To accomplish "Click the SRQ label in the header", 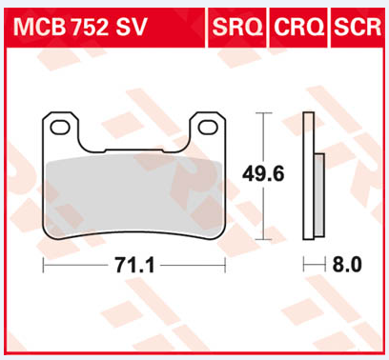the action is pos(237,27).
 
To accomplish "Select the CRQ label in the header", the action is pos(298,27).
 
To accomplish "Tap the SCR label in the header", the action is pos(358,27).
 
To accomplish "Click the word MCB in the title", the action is pos(39,27).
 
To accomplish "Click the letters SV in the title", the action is pos(131,27).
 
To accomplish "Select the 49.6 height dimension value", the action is pos(263,174).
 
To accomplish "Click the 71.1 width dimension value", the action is pos(134,265).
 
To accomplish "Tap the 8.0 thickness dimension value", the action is pos(347,264).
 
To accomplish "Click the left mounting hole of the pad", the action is pos(60,127).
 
